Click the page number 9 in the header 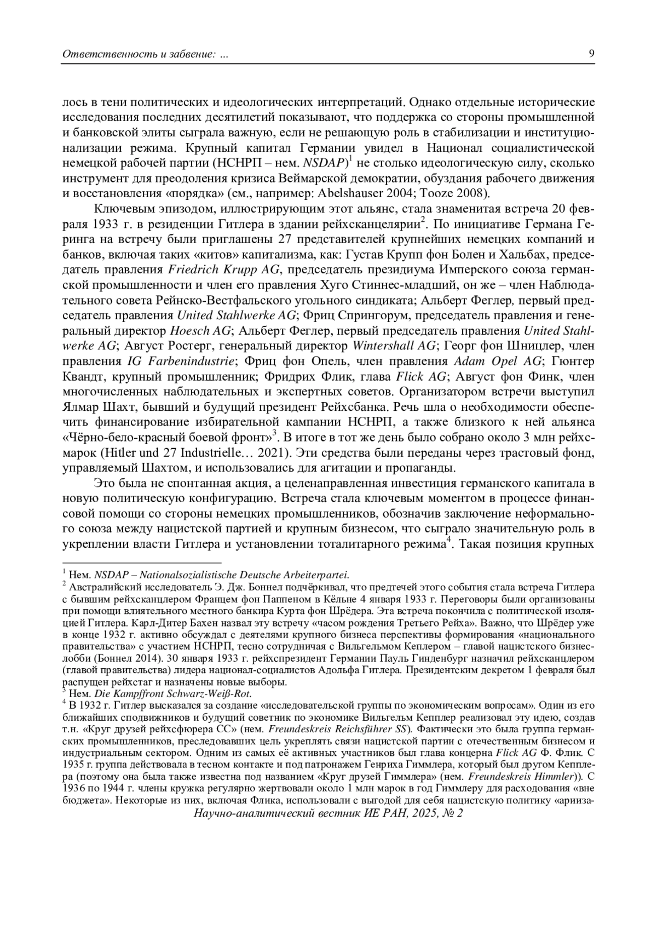point(591,54)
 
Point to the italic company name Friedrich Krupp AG point(224,269)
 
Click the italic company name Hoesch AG point(200,331)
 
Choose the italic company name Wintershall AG point(394,346)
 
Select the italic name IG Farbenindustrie point(181,361)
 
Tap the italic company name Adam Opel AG point(497,361)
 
